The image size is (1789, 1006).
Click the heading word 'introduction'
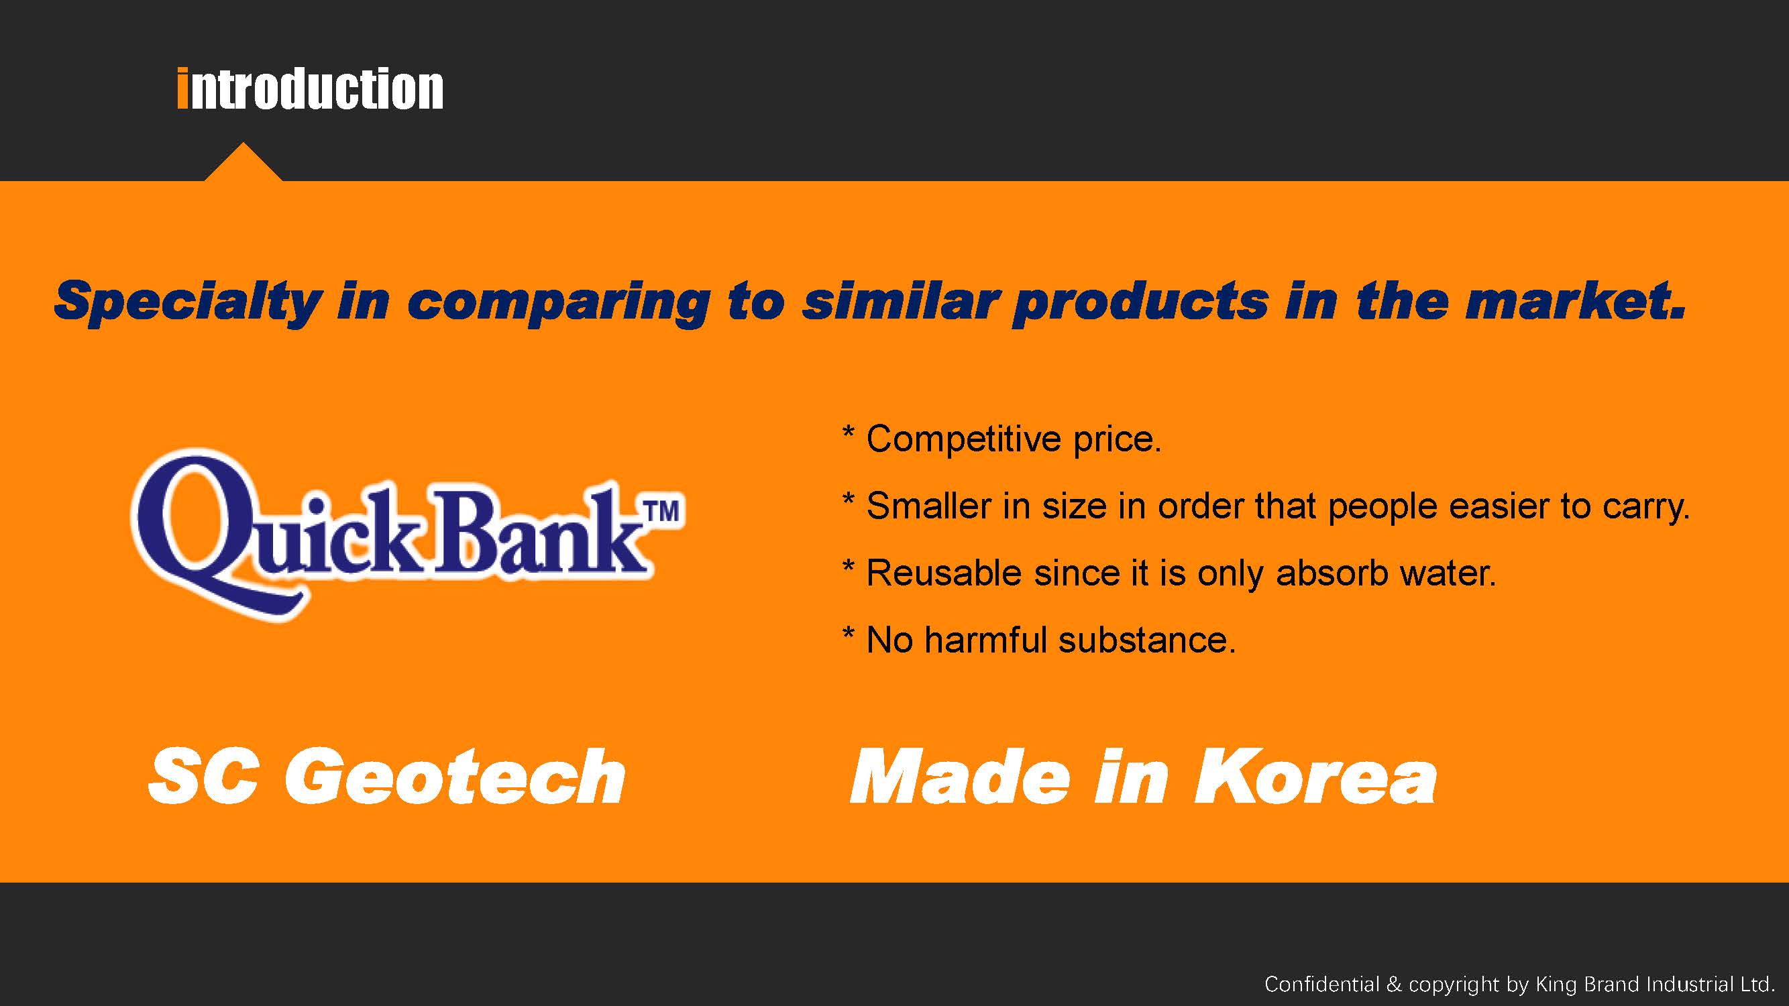tap(311, 89)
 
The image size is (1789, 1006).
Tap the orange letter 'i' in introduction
tap(182, 89)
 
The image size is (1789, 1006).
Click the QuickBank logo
tap(408, 535)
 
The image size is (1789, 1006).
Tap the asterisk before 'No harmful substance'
tap(848, 634)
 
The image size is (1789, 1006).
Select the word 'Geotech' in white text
tap(464, 777)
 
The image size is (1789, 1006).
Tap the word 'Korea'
tap(1315, 777)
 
